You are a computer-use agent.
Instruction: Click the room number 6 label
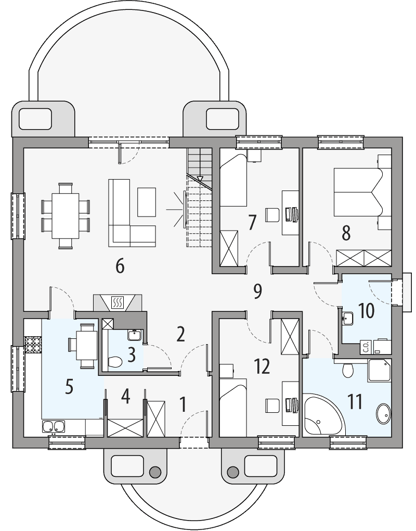click(120, 266)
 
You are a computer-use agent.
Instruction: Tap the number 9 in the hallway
click(257, 292)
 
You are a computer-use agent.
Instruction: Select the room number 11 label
click(355, 402)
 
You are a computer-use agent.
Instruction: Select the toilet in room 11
click(348, 370)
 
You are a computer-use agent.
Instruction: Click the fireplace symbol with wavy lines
click(118, 301)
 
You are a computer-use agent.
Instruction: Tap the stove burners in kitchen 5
click(33, 345)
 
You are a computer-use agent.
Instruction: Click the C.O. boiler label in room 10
click(366, 347)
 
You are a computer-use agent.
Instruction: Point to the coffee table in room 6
click(147, 201)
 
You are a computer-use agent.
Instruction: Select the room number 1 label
click(183, 404)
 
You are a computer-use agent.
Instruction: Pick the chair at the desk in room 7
click(272, 214)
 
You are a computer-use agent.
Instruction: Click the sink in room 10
click(348, 317)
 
